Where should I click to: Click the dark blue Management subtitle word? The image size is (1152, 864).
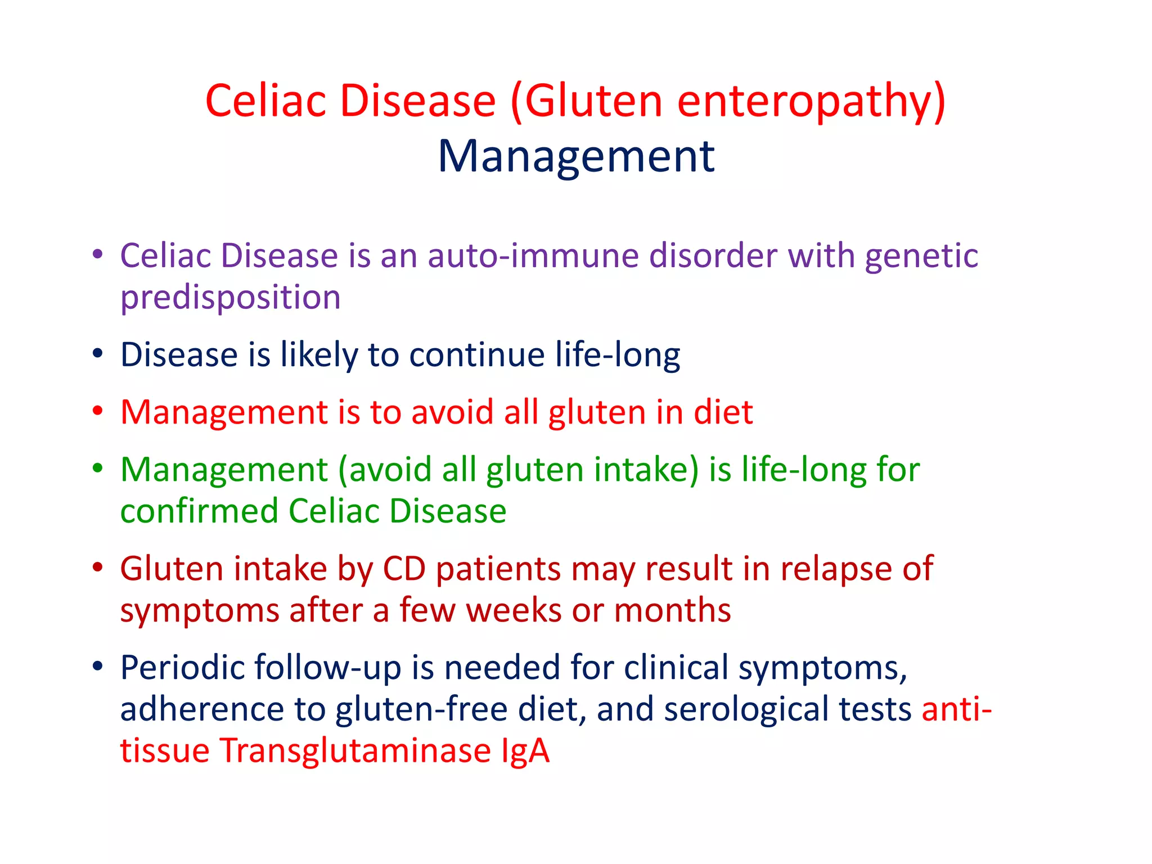pos(576,156)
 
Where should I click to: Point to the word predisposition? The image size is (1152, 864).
pos(231,298)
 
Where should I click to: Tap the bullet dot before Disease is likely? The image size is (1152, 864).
pos(98,354)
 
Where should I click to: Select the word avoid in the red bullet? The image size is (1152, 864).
pos(452,412)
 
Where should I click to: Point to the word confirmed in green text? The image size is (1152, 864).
pos(200,511)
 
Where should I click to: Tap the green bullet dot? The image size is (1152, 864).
pos(98,468)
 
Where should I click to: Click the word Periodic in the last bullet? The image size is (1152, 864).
pos(182,668)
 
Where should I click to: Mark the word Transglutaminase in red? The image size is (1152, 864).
pos(355,751)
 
